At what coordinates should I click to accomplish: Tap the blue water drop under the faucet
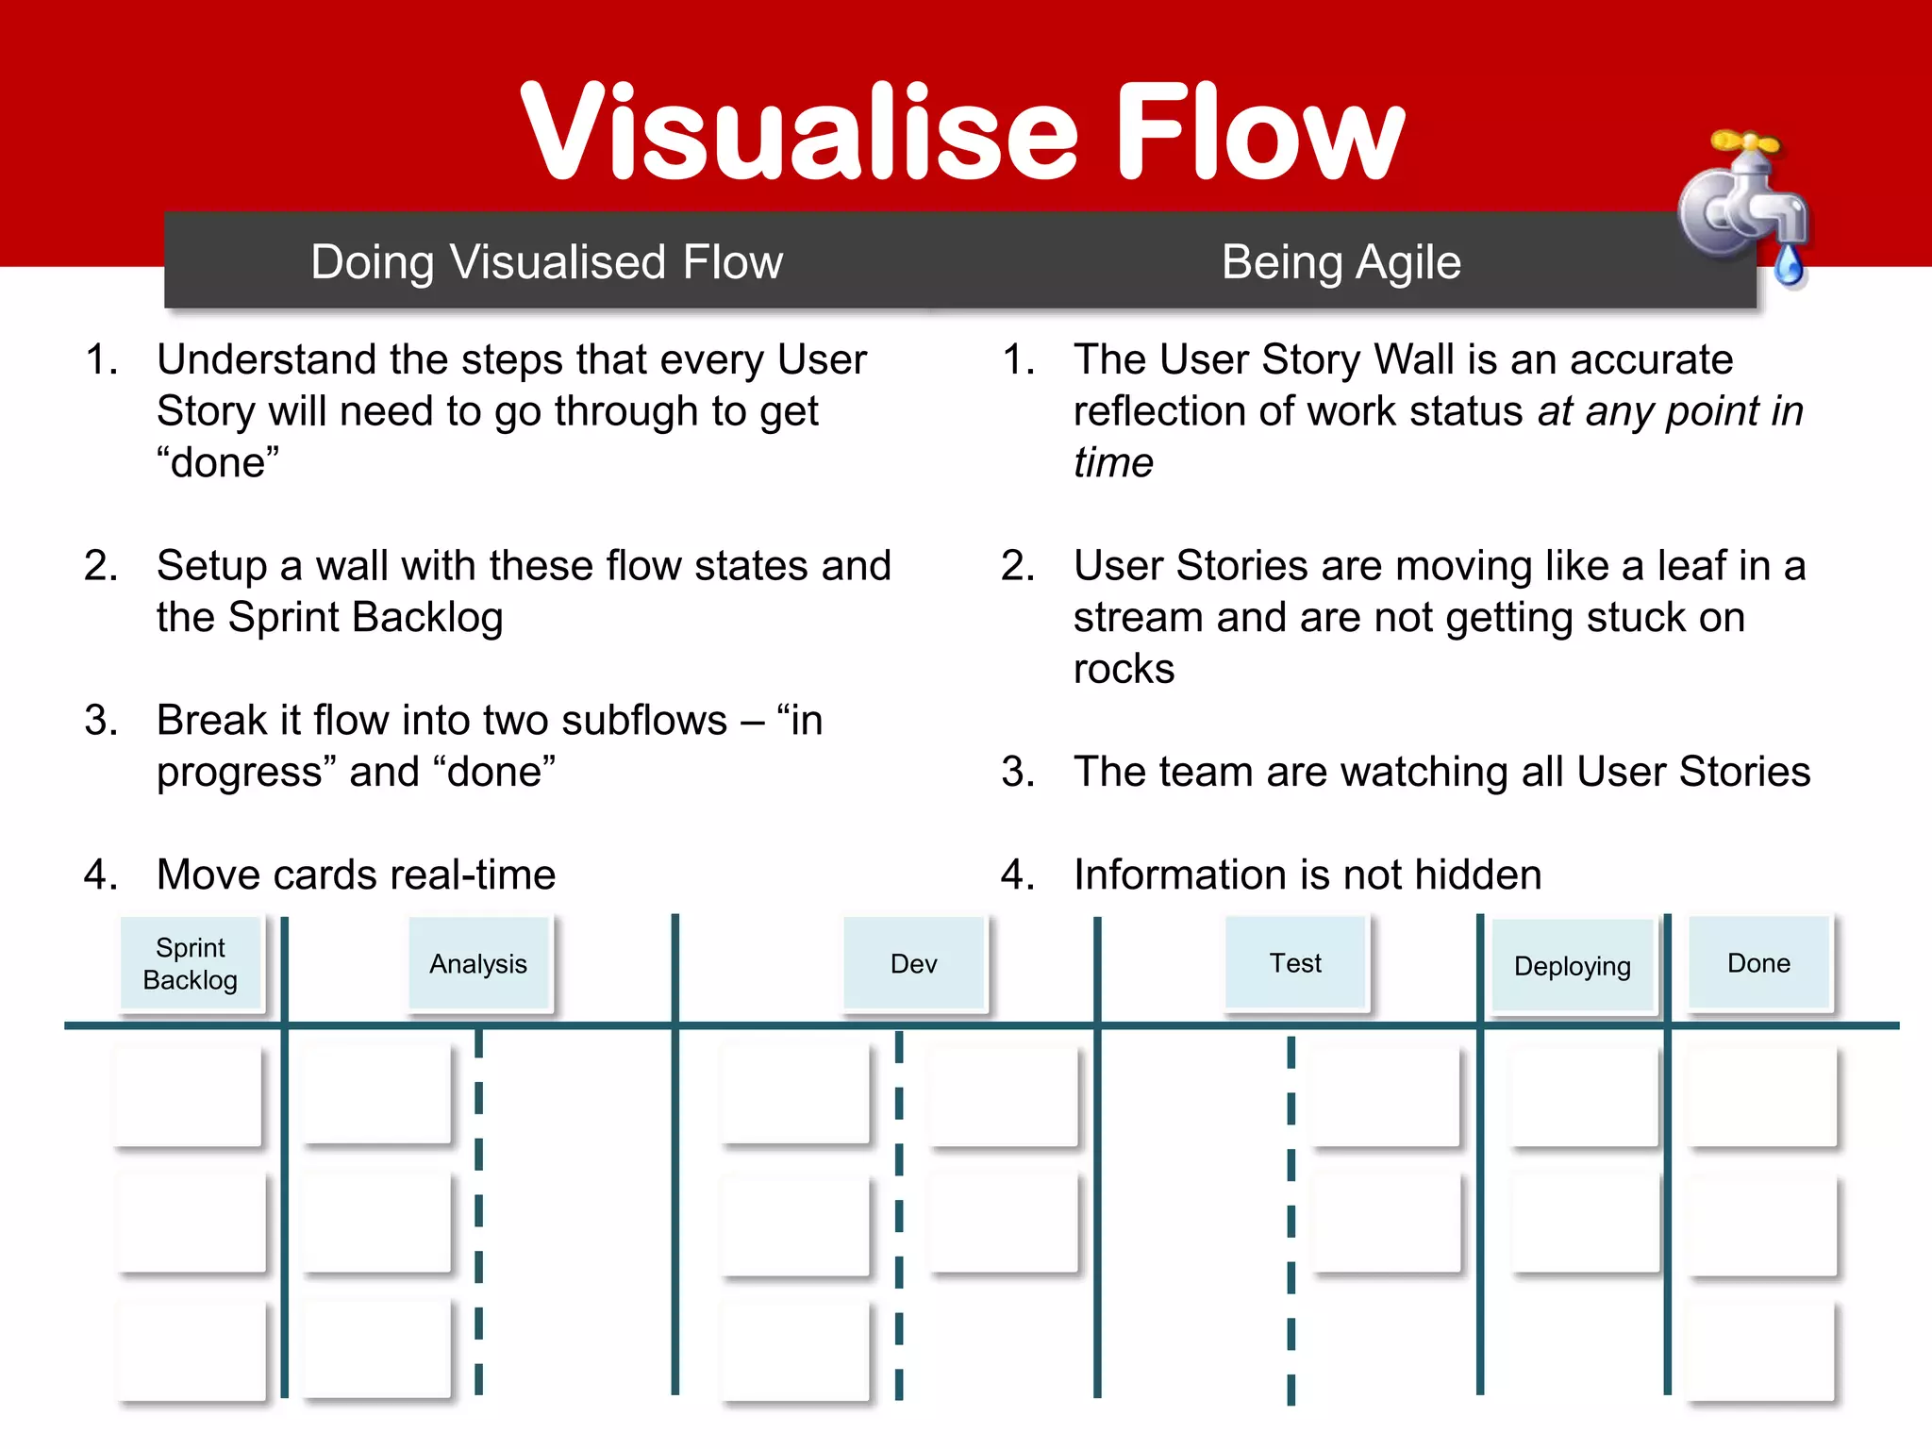tap(1789, 265)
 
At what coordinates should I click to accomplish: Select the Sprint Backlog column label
tap(191, 964)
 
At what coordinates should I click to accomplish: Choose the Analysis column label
tap(478, 964)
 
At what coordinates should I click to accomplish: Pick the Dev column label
tap(913, 964)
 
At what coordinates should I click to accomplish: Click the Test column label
tap(1295, 963)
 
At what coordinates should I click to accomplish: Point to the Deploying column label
tap(1572, 966)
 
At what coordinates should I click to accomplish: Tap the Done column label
tap(1758, 963)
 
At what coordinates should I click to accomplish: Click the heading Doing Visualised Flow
tap(546, 262)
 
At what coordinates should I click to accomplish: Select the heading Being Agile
tap(1341, 262)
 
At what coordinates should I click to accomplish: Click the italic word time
tap(1113, 463)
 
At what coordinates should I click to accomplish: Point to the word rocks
tap(1124, 669)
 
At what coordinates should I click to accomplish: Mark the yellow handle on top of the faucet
tap(1745, 143)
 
